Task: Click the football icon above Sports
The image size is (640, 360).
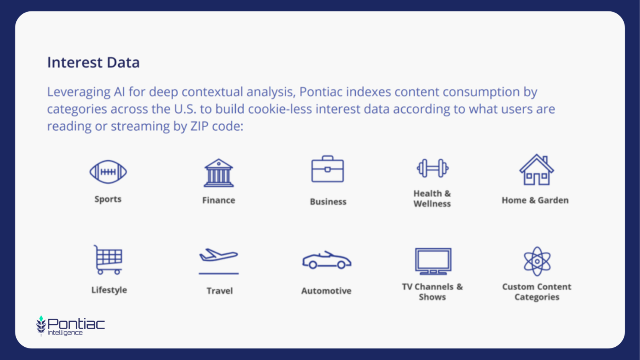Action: [108, 172]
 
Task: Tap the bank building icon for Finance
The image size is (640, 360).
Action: [218, 173]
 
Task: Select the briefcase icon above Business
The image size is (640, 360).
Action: [327, 169]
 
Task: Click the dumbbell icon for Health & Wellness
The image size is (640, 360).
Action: [433, 168]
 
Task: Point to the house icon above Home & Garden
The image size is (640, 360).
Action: [537, 170]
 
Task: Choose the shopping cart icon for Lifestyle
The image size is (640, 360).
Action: [108, 260]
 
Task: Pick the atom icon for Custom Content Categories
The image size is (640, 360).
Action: [537, 262]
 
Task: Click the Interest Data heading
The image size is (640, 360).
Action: [93, 62]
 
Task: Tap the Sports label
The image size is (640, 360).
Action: [108, 199]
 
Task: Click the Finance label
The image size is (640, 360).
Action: [219, 200]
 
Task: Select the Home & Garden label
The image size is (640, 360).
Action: [535, 200]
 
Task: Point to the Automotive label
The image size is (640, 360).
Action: [326, 291]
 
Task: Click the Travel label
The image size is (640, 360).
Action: [220, 291]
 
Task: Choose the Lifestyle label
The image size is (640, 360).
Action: [109, 290]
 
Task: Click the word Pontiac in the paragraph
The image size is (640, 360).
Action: [321, 92]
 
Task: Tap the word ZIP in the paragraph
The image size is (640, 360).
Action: [200, 126]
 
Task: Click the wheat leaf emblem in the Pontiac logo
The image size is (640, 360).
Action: [41, 326]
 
